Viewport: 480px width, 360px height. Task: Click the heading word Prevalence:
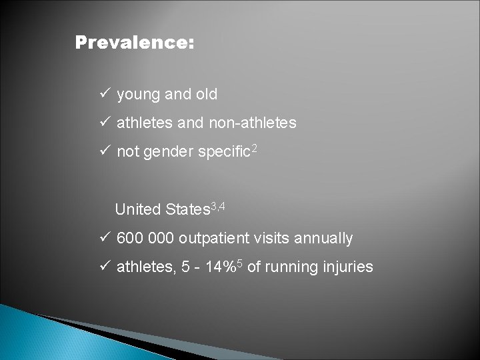(x=135, y=43)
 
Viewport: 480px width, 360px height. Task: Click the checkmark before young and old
(x=104, y=94)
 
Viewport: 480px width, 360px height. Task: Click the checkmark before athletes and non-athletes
(x=104, y=123)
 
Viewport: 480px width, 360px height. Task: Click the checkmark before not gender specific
(x=104, y=151)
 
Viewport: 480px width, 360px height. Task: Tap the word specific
(x=222, y=153)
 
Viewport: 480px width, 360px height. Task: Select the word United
(x=138, y=209)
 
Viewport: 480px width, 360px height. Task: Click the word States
(x=187, y=209)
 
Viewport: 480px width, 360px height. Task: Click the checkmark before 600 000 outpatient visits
(x=104, y=237)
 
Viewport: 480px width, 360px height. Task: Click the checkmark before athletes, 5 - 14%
(x=104, y=267)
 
